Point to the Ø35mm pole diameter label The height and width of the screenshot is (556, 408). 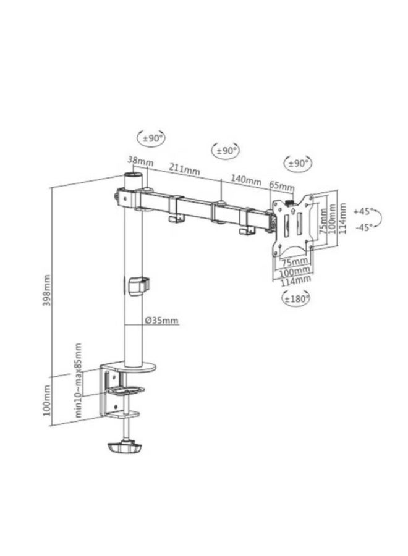(161, 320)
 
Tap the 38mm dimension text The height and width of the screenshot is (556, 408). (140, 161)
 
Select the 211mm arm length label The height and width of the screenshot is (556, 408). (184, 169)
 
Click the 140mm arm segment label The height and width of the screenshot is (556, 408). (246, 180)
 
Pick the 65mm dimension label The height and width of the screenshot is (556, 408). (282, 185)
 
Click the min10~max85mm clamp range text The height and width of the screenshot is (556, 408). (78, 380)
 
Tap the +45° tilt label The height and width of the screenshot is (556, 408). (363, 211)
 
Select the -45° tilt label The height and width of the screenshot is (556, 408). (364, 227)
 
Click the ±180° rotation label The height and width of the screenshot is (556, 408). (295, 298)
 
